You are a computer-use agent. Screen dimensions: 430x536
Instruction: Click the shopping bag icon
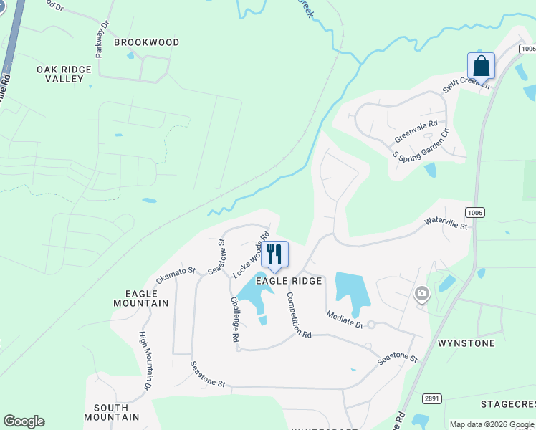pos(481,67)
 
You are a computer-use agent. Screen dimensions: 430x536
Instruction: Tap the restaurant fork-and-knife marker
pos(274,254)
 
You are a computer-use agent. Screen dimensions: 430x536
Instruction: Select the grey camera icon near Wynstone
pos(421,292)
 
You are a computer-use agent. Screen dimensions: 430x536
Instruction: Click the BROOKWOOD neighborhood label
pos(147,42)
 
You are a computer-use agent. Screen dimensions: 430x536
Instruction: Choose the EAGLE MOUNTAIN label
pos(141,298)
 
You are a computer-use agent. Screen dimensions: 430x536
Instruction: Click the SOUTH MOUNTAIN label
pos(111,411)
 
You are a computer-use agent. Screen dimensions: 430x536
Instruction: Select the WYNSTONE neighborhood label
pos(467,343)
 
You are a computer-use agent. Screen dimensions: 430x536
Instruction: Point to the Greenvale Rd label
pos(416,132)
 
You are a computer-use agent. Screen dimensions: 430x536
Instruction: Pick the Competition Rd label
pos(299,315)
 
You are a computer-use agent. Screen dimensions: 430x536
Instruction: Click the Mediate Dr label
pos(345,318)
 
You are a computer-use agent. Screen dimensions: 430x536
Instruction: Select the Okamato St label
pos(176,274)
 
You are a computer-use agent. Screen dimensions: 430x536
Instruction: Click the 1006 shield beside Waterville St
pos(474,212)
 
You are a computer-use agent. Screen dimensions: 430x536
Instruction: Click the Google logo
pos(24,421)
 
